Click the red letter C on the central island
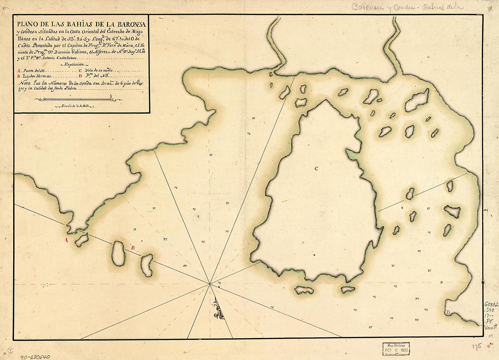pyautogui.click(x=316, y=169)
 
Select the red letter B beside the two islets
pyautogui.click(x=132, y=248)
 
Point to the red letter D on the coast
pyautogui.click(x=448, y=313)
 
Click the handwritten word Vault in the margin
pyautogui.click(x=491, y=326)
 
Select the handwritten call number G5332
pyautogui.click(x=491, y=305)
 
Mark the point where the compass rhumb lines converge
pyautogui.click(x=210, y=284)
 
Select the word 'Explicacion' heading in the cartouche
pyautogui.click(x=75, y=65)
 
